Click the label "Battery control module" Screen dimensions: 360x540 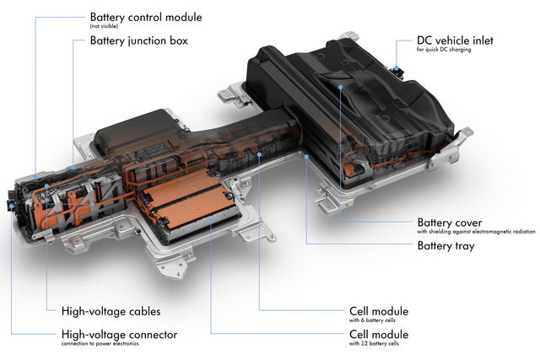tap(145, 16)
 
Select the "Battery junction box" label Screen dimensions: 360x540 tap(138, 40)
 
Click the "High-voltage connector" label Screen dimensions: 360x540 tap(120, 334)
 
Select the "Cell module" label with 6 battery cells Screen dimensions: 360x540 tap(378, 310)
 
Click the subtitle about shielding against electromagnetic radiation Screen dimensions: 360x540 tap(477, 233)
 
